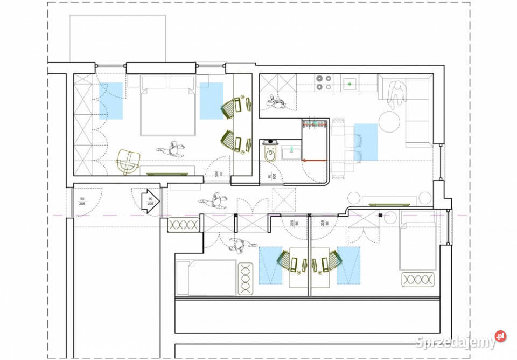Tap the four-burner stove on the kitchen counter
[x=323, y=82]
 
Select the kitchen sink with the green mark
[x=351, y=84]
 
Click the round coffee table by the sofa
[x=390, y=121]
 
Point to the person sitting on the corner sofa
[x=397, y=92]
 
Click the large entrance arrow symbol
[x=150, y=200]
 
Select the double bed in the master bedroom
[x=167, y=106]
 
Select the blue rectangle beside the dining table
[x=366, y=142]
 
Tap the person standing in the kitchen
[x=278, y=101]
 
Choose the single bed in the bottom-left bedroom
[x=206, y=278]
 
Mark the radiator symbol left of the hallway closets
[x=184, y=225]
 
